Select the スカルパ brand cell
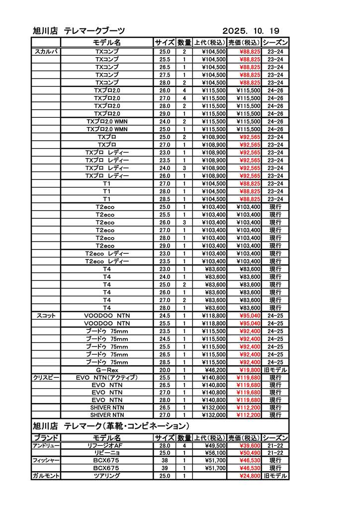(x=46, y=51)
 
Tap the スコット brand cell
(x=46, y=316)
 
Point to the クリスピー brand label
(x=46, y=378)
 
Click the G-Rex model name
(x=107, y=370)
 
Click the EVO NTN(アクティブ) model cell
(x=107, y=378)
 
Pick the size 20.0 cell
(x=165, y=370)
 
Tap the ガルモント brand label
(x=46, y=476)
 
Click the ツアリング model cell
(x=107, y=476)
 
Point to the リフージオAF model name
(x=107, y=446)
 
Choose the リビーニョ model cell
(x=107, y=453)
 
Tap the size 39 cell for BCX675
(x=165, y=468)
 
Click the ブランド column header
(x=46, y=437)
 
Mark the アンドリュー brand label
(x=46, y=446)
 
